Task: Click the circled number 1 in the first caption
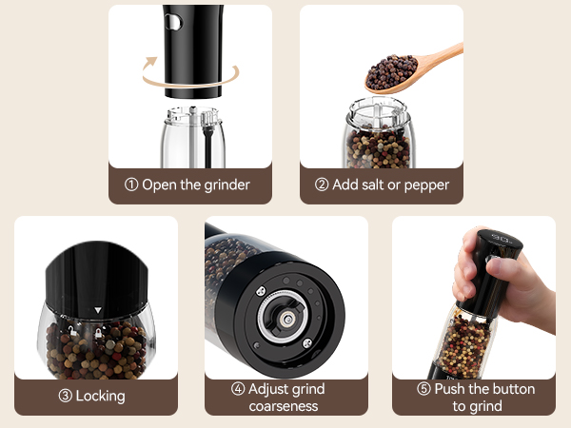tap(131, 185)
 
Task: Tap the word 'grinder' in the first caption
tap(225, 185)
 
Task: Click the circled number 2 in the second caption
tap(322, 185)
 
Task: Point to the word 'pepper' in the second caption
tap(424, 185)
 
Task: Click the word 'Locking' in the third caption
tap(102, 395)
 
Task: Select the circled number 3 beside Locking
tap(67, 395)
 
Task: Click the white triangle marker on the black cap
tap(97, 310)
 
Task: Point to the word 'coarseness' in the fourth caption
tap(284, 406)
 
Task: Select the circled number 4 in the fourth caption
tap(238, 389)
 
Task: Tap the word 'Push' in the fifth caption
tap(453, 389)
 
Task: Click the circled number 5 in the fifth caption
tap(423, 389)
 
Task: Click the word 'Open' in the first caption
tap(160, 185)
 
